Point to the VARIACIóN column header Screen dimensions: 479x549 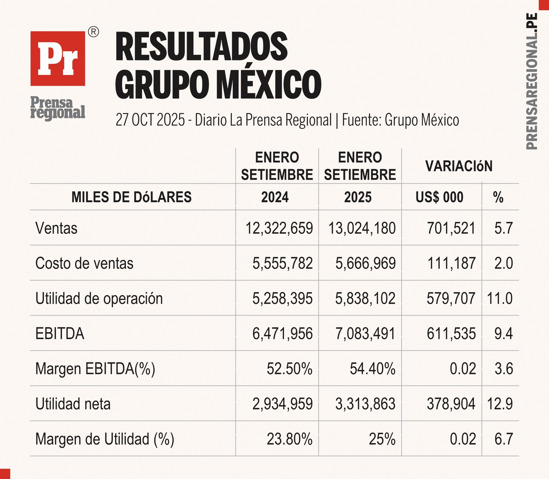[x=459, y=166]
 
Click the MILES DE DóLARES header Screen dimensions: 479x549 [x=131, y=197]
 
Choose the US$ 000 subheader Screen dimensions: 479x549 [x=439, y=197]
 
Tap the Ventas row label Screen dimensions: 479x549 [x=56, y=228]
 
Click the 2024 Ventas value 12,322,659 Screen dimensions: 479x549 [x=279, y=228]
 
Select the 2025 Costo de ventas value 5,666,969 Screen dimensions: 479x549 [x=365, y=263]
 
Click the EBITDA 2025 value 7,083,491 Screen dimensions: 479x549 [x=365, y=334]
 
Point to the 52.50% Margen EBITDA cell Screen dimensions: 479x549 [x=290, y=369]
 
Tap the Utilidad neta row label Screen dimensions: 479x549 [x=73, y=404]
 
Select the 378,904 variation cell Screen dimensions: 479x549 [x=451, y=404]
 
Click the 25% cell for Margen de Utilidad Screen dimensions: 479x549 [x=382, y=439]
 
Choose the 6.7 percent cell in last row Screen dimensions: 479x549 [x=504, y=439]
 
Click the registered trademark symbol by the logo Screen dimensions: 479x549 [x=94, y=32]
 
